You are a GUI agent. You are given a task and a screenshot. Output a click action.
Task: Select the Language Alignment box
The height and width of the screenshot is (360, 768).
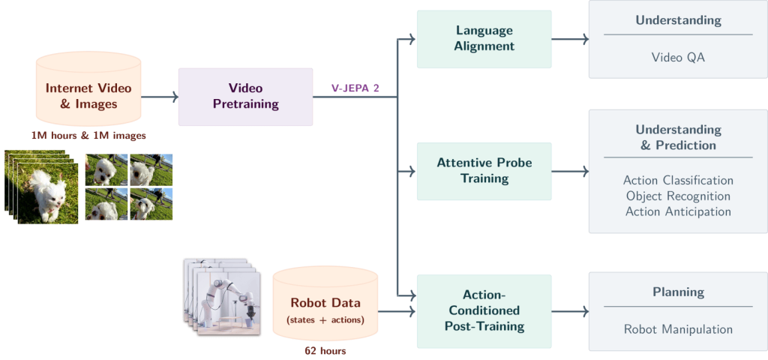pyautogui.click(x=484, y=38)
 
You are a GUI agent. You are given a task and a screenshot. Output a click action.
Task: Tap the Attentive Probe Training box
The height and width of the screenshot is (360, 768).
pyautogui.click(x=484, y=171)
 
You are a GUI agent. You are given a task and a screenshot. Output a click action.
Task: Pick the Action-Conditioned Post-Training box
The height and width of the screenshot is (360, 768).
pyautogui.click(x=484, y=310)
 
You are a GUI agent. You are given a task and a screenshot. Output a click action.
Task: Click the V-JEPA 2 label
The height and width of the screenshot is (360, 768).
pyautogui.click(x=355, y=88)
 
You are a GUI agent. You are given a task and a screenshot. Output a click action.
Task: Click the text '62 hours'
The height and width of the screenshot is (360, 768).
pyautogui.click(x=325, y=350)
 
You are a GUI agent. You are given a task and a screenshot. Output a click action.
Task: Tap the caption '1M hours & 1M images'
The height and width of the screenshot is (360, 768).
pyautogui.click(x=88, y=136)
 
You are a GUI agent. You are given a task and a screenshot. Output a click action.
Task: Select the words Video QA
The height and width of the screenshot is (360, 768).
pyautogui.click(x=677, y=56)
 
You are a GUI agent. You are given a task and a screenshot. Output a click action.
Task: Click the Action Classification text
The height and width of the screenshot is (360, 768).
pyautogui.click(x=677, y=181)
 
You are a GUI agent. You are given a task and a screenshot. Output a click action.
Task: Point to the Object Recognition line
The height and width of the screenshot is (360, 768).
pyautogui.click(x=677, y=196)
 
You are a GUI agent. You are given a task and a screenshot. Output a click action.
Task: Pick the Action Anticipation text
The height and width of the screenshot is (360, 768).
pyautogui.click(x=677, y=211)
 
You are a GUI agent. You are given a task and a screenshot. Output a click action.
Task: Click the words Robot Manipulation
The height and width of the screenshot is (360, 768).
pyautogui.click(x=677, y=328)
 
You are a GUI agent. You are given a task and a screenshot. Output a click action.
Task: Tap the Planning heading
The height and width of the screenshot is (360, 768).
pyautogui.click(x=677, y=292)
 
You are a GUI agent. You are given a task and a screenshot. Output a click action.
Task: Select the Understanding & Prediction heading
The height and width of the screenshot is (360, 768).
pyautogui.click(x=677, y=137)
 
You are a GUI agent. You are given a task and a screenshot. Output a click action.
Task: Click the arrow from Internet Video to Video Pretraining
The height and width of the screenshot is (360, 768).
pyautogui.click(x=160, y=97)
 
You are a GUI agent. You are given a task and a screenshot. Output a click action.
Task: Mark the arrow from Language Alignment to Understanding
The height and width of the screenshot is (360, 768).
pyautogui.click(x=570, y=38)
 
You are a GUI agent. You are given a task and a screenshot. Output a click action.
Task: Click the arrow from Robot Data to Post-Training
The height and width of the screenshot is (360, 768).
pyautogui.click(x=397, y=310)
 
